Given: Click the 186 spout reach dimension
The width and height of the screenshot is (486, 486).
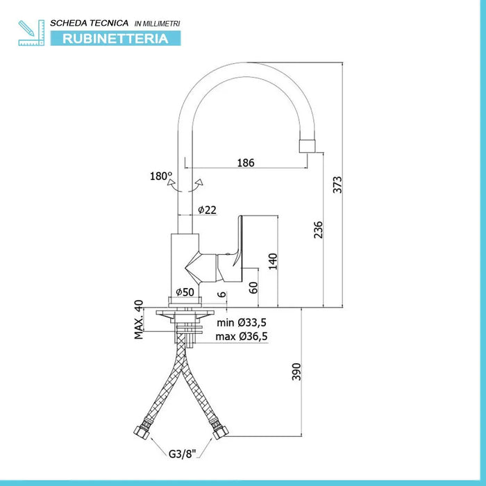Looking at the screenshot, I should [246, 162].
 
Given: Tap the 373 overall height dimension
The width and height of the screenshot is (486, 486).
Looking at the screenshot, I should [337, 185].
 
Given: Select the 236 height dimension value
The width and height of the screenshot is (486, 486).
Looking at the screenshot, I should [318, 229].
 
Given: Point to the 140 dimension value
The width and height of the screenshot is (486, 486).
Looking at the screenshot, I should [273, 260].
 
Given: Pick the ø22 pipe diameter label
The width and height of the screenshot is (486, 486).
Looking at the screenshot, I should [207, 210].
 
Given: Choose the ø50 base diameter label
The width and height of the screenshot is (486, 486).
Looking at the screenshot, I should [184, 292].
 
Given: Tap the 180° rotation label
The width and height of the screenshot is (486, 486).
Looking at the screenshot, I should [161, 176].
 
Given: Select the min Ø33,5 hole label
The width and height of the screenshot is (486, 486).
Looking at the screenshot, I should [242, 323].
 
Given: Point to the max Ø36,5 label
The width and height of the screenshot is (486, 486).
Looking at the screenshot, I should [242, 337].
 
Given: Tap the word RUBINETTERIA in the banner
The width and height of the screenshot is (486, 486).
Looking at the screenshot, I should [115, 38].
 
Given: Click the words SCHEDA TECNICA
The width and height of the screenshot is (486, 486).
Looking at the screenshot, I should [84, 23].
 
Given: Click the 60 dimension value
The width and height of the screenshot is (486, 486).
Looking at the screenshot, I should [254, 286].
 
